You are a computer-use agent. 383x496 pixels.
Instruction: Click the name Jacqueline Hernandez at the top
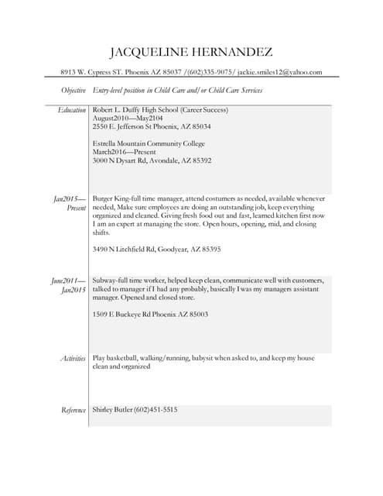tap(191, 53)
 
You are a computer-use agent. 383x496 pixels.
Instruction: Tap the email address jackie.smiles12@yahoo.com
tap(279, 72)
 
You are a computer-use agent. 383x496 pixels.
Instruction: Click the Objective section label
tap(74, 91)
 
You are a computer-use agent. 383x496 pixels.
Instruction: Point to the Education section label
tap(72, 111)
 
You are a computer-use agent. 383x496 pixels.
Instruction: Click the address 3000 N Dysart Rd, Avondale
tap(152, 160)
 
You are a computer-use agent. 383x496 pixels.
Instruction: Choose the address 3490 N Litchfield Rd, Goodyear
tap(156, 250)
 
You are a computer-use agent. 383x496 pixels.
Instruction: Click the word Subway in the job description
tap(104, 280)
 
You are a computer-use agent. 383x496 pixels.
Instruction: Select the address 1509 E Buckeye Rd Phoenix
tap(150, 314)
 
